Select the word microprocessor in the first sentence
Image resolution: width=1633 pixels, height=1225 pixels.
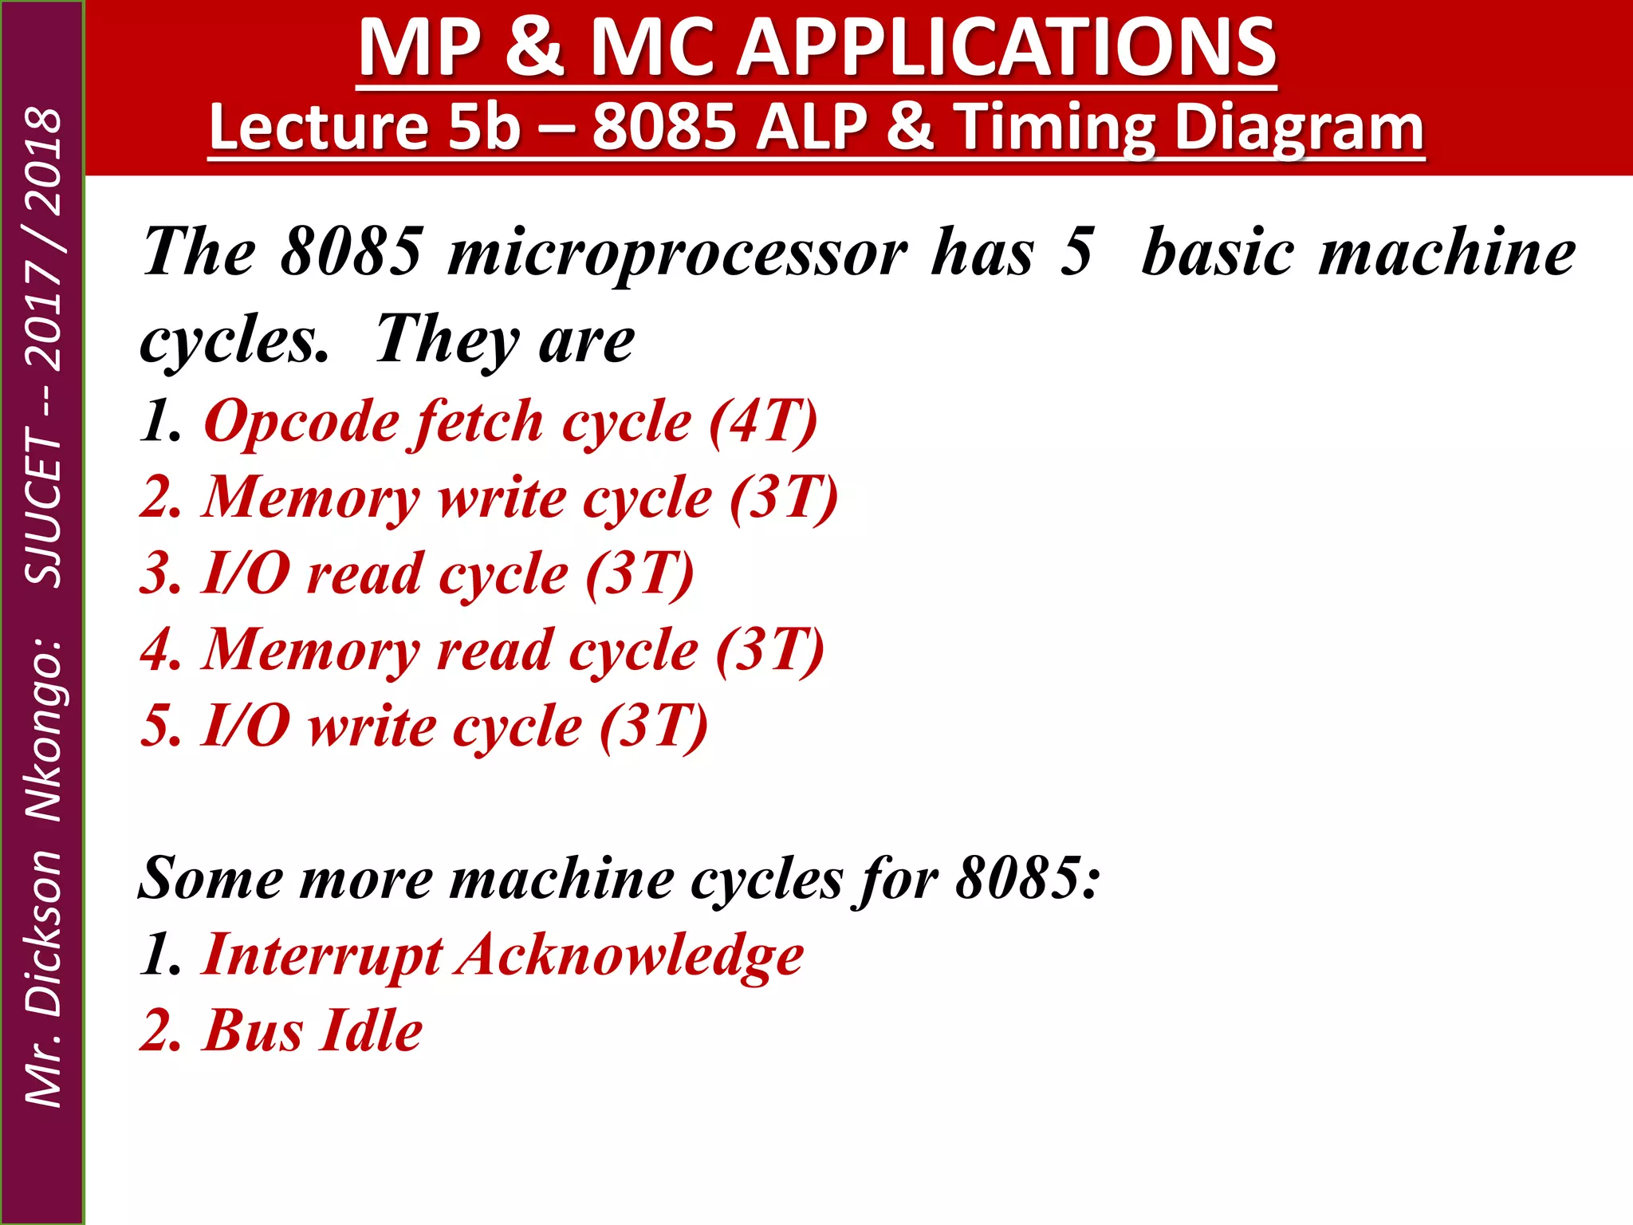point(678,254)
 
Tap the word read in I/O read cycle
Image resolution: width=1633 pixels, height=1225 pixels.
point(365,574)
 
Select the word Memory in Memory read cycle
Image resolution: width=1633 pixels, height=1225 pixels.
point(311,650)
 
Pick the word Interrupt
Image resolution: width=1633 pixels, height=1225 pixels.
point(322,955)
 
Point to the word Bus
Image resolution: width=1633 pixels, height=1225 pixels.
point(254,1030)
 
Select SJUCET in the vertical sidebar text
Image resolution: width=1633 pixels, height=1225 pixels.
point(43,507)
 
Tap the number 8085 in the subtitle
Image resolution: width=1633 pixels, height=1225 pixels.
point(664,128)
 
